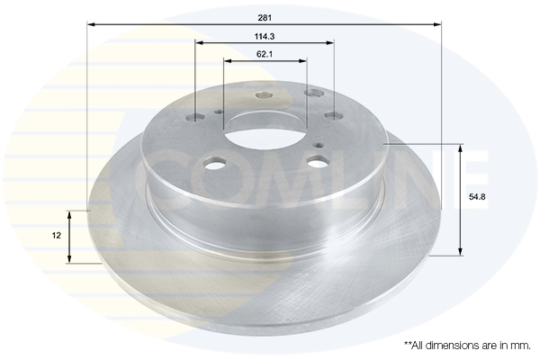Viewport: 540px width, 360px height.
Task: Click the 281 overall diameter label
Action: tap(265, 18)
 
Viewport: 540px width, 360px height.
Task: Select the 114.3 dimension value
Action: tap(265, 36)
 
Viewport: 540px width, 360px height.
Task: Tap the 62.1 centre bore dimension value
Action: tap(265, 54)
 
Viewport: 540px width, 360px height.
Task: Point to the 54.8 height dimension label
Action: tap(477, 197)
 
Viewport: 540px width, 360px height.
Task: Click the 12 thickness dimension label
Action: tap(56, 236)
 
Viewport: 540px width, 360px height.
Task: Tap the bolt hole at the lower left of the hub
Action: tap(216, 163)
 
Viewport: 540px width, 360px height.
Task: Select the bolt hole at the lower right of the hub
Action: tap(319, 160)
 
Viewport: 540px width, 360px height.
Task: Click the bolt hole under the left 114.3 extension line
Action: tap(195, 118)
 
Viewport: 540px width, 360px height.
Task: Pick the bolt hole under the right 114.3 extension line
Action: tap(334, 116)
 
